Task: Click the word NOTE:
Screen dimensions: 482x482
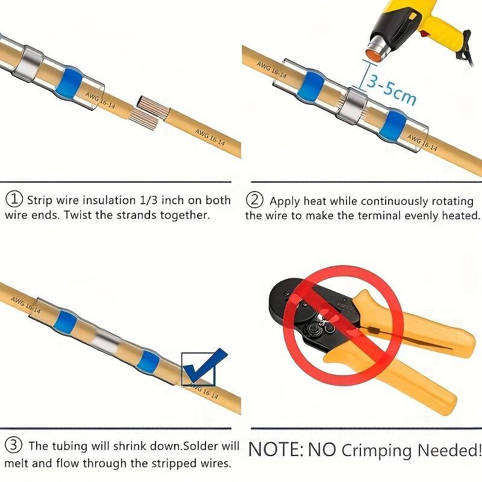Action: pos(275,449)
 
